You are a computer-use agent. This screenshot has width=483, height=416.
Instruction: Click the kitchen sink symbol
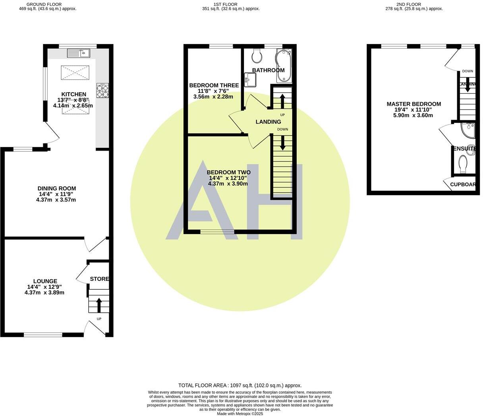pyautogui.click(x=79, y=53)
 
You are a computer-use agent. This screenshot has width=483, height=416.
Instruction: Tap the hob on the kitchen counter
pyautogui.click(x=102, y=90)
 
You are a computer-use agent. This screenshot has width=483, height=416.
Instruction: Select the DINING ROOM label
pyautogui.click(x=56, y=188)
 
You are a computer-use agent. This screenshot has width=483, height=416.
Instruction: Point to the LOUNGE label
pyautogui.click(x=44, y=281)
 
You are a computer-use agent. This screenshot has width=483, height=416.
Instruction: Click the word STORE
pyautogui.click(x=99, y=279)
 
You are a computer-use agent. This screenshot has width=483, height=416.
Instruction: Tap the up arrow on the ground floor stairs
pyautogui.click(x=99, y=305)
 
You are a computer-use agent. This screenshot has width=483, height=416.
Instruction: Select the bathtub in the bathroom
pyautogui.click(x=284, y=65)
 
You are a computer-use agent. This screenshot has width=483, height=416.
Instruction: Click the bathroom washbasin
pyautogui.click(x=250, y=79)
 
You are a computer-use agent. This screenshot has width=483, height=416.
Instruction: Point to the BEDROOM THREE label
pyautogui.click(x=214, y=85)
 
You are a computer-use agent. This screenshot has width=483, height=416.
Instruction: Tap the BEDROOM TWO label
pyautogui.click(x=228, y=172)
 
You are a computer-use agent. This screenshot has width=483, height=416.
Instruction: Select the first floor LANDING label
pyautogui.click(x=268, y=122)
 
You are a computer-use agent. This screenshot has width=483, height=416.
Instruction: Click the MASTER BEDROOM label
pyautogui.click(x=413, y=104)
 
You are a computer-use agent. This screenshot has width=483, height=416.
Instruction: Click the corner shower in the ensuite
pyautogui.click(x=469, y=130)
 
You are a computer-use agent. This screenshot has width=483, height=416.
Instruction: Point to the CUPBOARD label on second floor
pyautogui.click(x=463, y=184)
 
